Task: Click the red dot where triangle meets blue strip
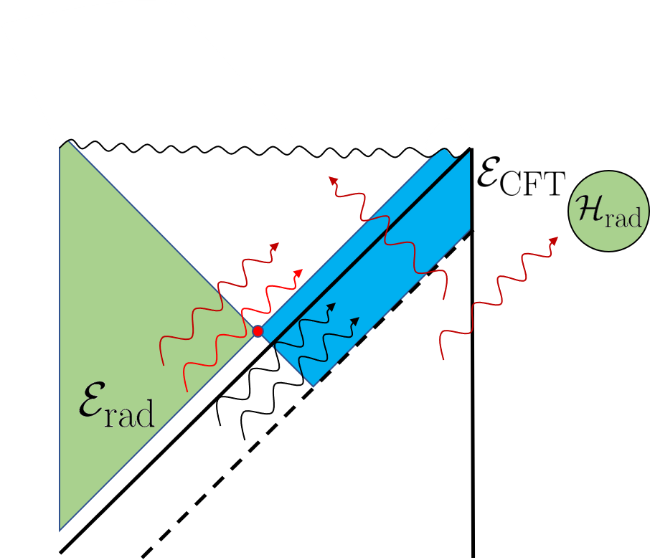258,331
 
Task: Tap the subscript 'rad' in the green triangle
129,415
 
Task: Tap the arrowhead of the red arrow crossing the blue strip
332,179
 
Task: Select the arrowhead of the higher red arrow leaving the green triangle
275,246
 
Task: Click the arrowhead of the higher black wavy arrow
332,306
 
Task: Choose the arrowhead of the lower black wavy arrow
356,320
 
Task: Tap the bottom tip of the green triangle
60,529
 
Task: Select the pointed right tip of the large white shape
305,153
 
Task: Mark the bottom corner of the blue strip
314,386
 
